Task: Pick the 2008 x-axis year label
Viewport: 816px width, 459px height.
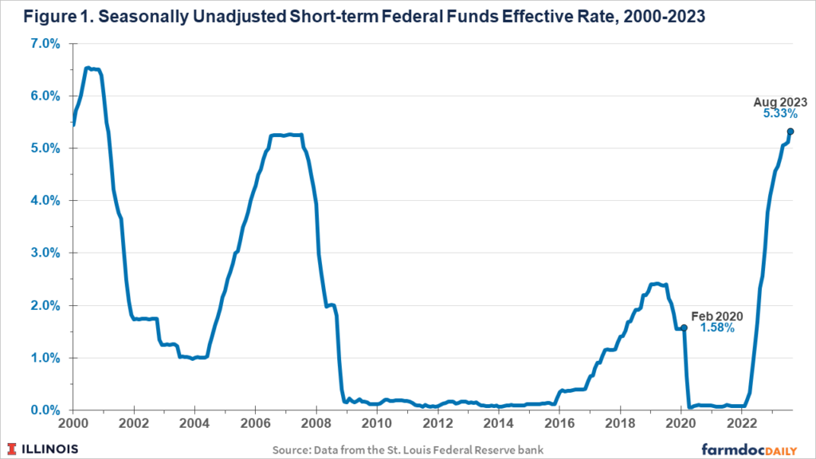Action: (x=316, y=424)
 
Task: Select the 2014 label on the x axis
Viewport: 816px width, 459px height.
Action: (x=499, y=424)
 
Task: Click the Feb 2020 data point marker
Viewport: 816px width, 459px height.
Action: (x=684, y=328)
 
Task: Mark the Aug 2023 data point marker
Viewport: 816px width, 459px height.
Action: (x=790, y=131)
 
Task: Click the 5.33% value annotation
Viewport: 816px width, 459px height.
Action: (x=780, y=115)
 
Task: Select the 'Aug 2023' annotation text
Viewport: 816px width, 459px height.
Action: (x=781, y=102)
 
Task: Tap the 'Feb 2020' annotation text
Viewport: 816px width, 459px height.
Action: (x=714, y=315)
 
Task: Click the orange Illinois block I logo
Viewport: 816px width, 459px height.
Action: (x=17, y=448)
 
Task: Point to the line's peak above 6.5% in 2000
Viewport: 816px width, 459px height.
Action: (x=88, y=69)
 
